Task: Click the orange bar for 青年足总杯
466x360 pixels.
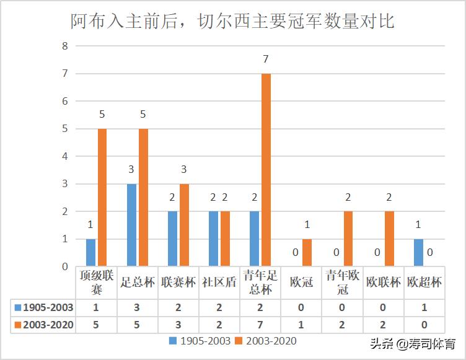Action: tap(266, 170)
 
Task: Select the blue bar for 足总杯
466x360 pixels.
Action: tap(131, 225)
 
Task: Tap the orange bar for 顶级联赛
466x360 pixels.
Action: tap(102, 198)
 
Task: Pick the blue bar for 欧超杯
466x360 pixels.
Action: tap(419, 253)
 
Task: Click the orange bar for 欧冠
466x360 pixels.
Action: tap(307, 253)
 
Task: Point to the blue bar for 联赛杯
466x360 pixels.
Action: tap(172, 239)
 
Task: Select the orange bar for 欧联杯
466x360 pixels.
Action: tap(389, 239)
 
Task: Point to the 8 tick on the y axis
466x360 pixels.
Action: tap(64, 46)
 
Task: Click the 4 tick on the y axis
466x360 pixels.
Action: tap(64, 156)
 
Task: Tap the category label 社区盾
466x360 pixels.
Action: tap(219, 283)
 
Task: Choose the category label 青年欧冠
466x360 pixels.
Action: tap(343, 283)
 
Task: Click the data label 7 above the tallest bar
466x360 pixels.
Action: tap(266, 59)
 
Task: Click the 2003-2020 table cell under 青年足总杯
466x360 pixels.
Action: tap(260, 324)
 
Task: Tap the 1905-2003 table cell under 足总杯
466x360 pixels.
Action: tap(137, 307)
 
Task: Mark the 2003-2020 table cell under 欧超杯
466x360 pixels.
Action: tap(424, 324)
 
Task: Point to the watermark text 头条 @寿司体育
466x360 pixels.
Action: tap(412, 343)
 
